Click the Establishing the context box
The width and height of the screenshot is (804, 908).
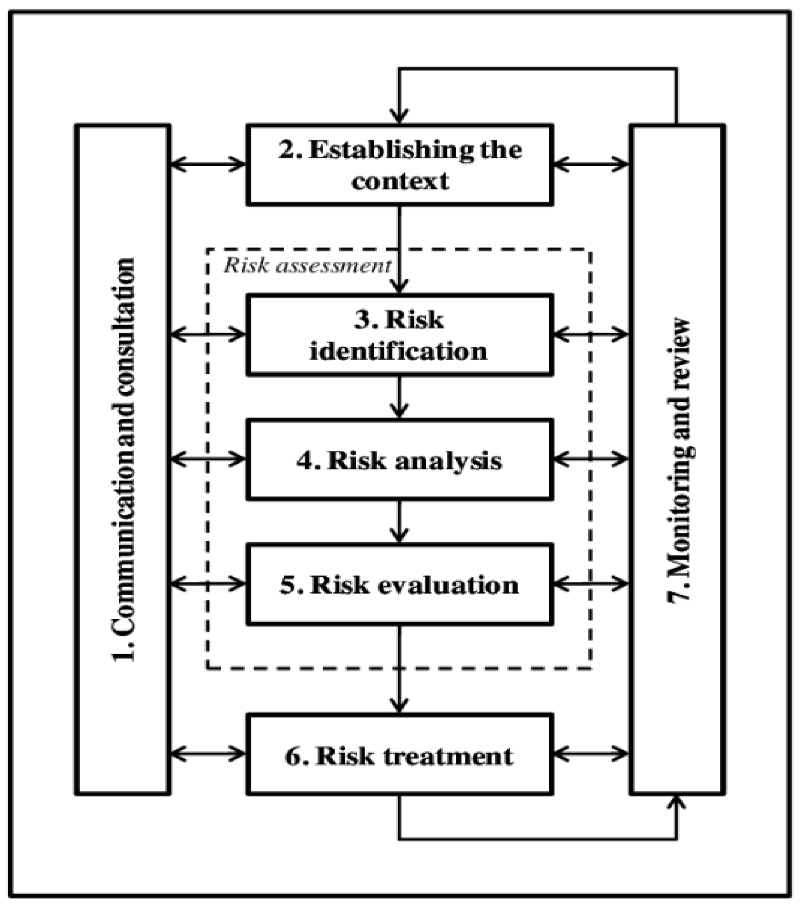click(x=400, y=165)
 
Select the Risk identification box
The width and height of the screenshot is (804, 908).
click(x=400, y=335)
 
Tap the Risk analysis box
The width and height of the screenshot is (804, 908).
click(x=400, y=460)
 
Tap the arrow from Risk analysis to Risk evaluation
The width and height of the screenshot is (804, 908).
click(x=399, y=521)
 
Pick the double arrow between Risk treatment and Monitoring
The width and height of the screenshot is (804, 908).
click(x=591, y=753)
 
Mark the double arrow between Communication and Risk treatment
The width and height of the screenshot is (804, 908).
click(x=208, y=753)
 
